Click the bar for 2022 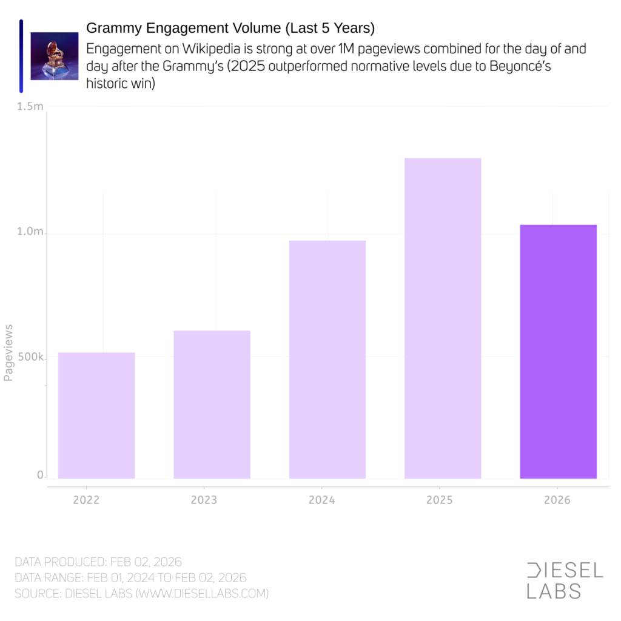coord(96,415)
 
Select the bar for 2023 coord(212,404)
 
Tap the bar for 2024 coord(327,360)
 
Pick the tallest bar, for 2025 coord(443,318)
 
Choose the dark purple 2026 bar coord(558,352)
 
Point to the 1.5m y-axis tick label coord(30,107)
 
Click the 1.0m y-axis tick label coord(30,232)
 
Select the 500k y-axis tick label coord(30,358)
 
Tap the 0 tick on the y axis coord(40,476)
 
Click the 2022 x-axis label coord(86,502)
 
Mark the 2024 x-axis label coord(321,502)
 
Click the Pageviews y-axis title coord(8,352)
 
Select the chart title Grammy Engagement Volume coord(230,28)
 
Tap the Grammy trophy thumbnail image coord(55,56)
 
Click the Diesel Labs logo coord(565,580)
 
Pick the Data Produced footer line coord(98,562)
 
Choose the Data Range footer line coord(130,577)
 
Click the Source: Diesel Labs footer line coord(141,593)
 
